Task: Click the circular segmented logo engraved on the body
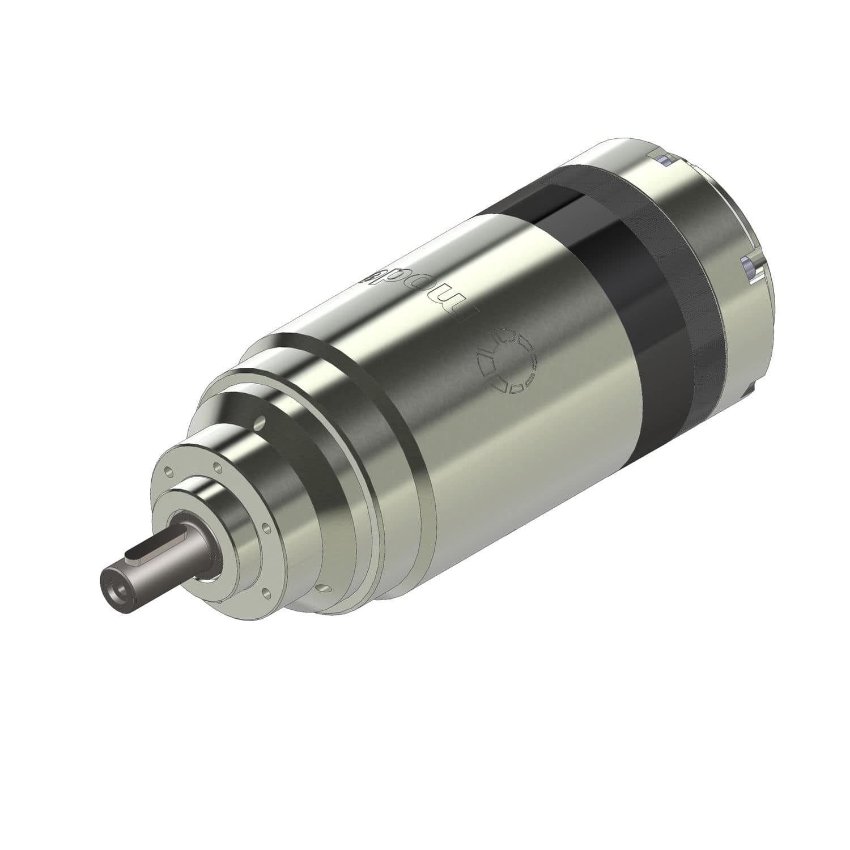click(x=506, y=360)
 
